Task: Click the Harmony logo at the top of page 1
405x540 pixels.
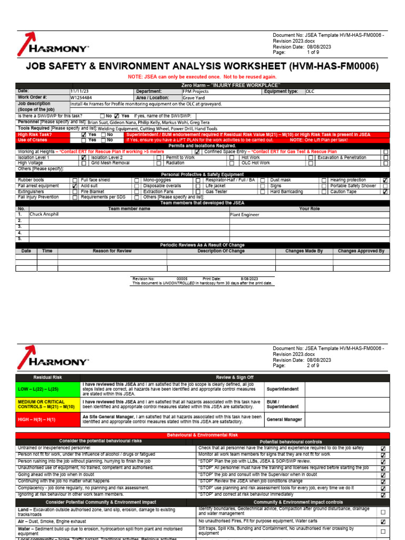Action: [53, 44]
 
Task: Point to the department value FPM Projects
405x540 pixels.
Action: [196, 91]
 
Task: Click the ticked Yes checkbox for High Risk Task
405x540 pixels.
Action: [83, 135]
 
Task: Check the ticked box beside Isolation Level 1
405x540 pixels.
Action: [83, 158]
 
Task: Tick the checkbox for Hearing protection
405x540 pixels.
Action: [385, 180]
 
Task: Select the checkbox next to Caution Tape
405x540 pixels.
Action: [385, 192]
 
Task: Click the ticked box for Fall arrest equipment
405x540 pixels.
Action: [74, 186]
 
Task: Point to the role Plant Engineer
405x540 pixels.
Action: [245, 215]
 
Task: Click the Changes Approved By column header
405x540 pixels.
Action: [361, 252]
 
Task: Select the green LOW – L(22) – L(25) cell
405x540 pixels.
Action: [48, 389]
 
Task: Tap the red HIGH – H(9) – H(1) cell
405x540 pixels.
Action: [48, 419]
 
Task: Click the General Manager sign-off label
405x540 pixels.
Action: [284, 419]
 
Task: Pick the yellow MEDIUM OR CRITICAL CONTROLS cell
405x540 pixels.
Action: [48, 404]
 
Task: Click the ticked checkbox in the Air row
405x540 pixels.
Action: [383, 522]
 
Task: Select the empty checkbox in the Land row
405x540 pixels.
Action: [383, 512]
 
